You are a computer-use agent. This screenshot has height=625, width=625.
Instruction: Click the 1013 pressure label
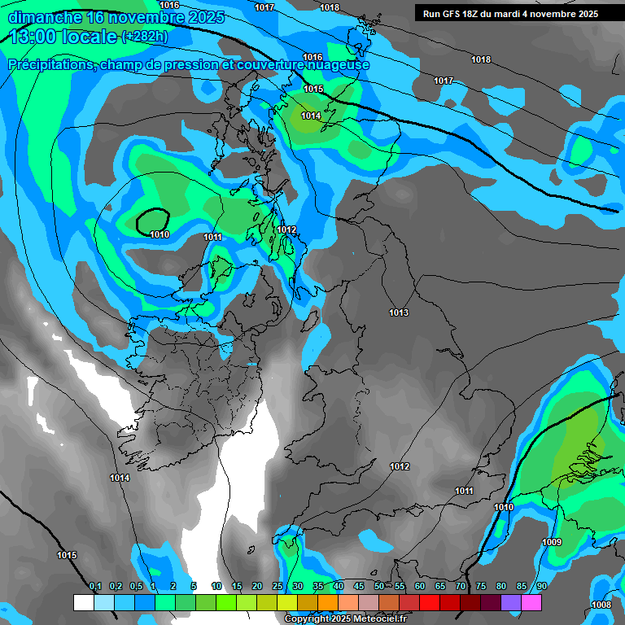point(399,313)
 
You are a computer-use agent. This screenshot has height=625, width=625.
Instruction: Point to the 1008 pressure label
point(601,605)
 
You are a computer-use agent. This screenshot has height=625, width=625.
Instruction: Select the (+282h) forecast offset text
point(144,37)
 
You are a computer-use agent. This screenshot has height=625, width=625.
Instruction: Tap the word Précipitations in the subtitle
point(50,64)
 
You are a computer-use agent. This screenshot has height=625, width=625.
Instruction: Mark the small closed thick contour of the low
point(152,220)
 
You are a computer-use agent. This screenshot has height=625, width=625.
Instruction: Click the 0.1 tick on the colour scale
point(95,587)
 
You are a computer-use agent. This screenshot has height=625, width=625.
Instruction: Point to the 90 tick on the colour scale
point(541,587)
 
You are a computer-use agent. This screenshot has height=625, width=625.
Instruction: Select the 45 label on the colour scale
point(359,587)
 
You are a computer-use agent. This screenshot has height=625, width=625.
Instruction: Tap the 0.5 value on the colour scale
point(136,587)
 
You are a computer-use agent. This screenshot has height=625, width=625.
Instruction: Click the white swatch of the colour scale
point(83,602)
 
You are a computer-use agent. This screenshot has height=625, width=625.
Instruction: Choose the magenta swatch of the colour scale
point(531,602)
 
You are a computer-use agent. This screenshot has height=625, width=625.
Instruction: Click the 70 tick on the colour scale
point(461,587)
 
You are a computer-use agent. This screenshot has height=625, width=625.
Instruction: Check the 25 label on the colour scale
point(278,587)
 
